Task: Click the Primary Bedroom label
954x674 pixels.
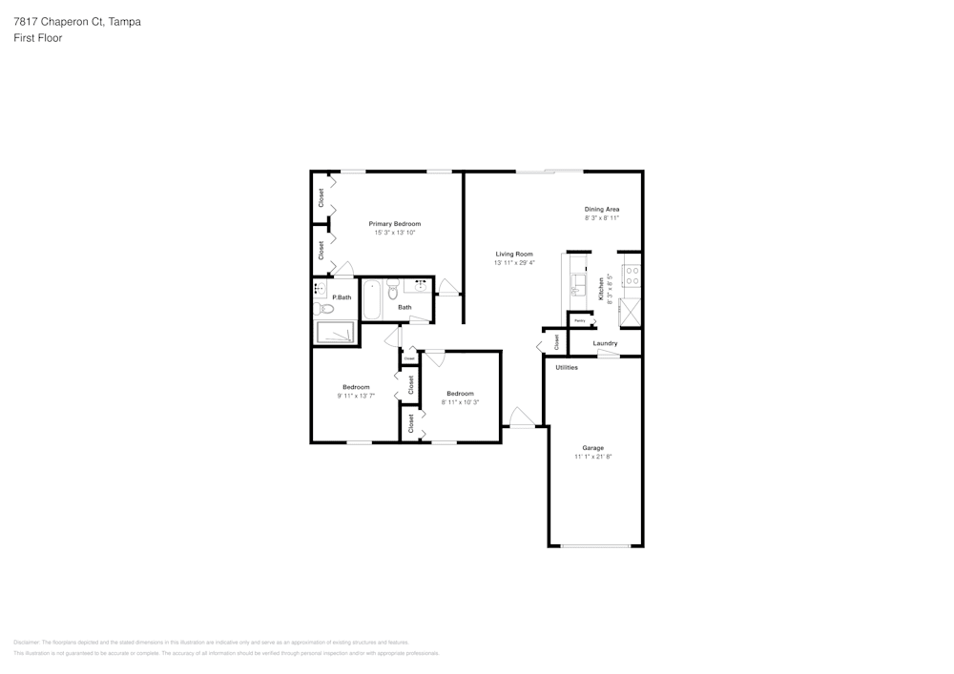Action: click(394, 224)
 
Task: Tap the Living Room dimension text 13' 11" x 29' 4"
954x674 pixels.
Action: click(514, 263)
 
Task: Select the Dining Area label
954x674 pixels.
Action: click(602, 209)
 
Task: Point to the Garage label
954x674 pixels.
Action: click(592, 448)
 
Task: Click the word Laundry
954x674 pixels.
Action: click(605, 343)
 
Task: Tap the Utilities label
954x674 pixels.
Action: click(567, 367)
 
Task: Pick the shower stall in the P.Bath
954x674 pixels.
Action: click(335, 333)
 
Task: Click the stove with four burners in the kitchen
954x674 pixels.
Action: click(631, 276)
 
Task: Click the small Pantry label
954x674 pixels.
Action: click(579, 321)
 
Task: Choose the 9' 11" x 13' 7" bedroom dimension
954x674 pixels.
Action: click(356, 396)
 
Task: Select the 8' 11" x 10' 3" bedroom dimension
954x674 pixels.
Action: click(460, 402)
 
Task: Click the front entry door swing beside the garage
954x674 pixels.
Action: click(520, 418)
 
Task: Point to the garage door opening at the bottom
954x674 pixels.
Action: click(595, 545)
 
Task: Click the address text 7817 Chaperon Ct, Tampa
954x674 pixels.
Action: click(77, 21)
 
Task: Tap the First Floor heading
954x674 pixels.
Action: click(38, 38)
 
